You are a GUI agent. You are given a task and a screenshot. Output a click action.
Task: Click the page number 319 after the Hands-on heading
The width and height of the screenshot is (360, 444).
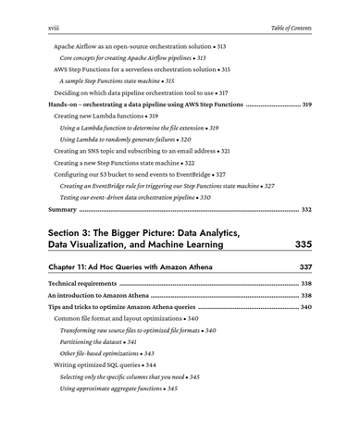306,105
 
